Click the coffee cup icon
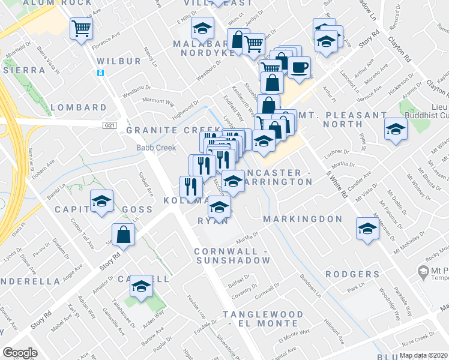(x=299, y=66)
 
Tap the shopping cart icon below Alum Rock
(x=81, y=28)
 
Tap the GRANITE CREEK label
(x=164, y=130)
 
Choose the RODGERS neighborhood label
(x=353, y=274)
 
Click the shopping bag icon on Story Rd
(x=123, y=235)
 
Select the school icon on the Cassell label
(x=141, y=286)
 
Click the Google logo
(x=20, y=353)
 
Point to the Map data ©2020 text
(x=424, y=355)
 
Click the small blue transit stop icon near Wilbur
(x=101, y=73)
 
